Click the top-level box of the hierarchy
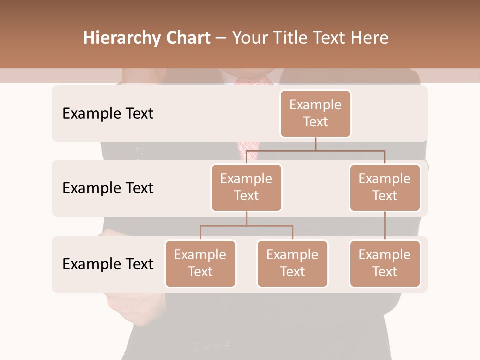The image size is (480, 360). tap(315, 113)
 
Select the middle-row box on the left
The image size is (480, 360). tap(246, 187)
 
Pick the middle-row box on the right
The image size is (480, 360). tap(385, 187)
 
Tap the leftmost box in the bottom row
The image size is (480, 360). tap(200, 263)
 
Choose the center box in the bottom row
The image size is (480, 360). tap(292, 263)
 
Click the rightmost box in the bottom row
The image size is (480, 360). tap(385, 263)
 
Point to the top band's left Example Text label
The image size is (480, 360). tap(108, 114)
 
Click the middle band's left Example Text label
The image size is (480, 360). tap(108, 188)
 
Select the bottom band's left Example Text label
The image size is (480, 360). tap(108, 264)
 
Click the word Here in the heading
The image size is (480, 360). tap(371, 38)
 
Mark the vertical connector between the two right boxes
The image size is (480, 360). tap(385, 226)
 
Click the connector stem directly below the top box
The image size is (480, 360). tap(315, 144)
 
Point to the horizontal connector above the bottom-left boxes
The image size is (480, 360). tap(246, 226)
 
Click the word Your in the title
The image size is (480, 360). tap(250, 38)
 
